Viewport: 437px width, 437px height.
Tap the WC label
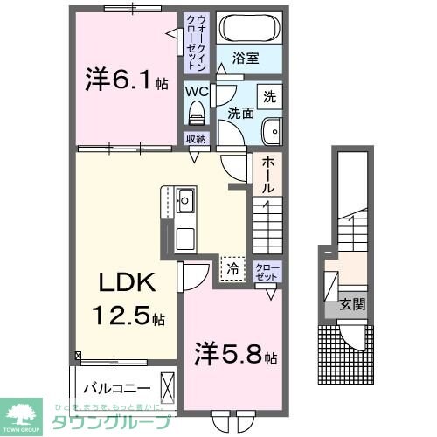coord(195,90)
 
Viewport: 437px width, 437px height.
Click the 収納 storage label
coord(195,139)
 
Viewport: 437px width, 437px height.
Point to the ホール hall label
coord(268,174)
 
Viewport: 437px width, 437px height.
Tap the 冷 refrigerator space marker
coord(232,267)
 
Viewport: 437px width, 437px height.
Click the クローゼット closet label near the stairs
coord(267,270)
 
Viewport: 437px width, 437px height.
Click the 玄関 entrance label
coord(353,305)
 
